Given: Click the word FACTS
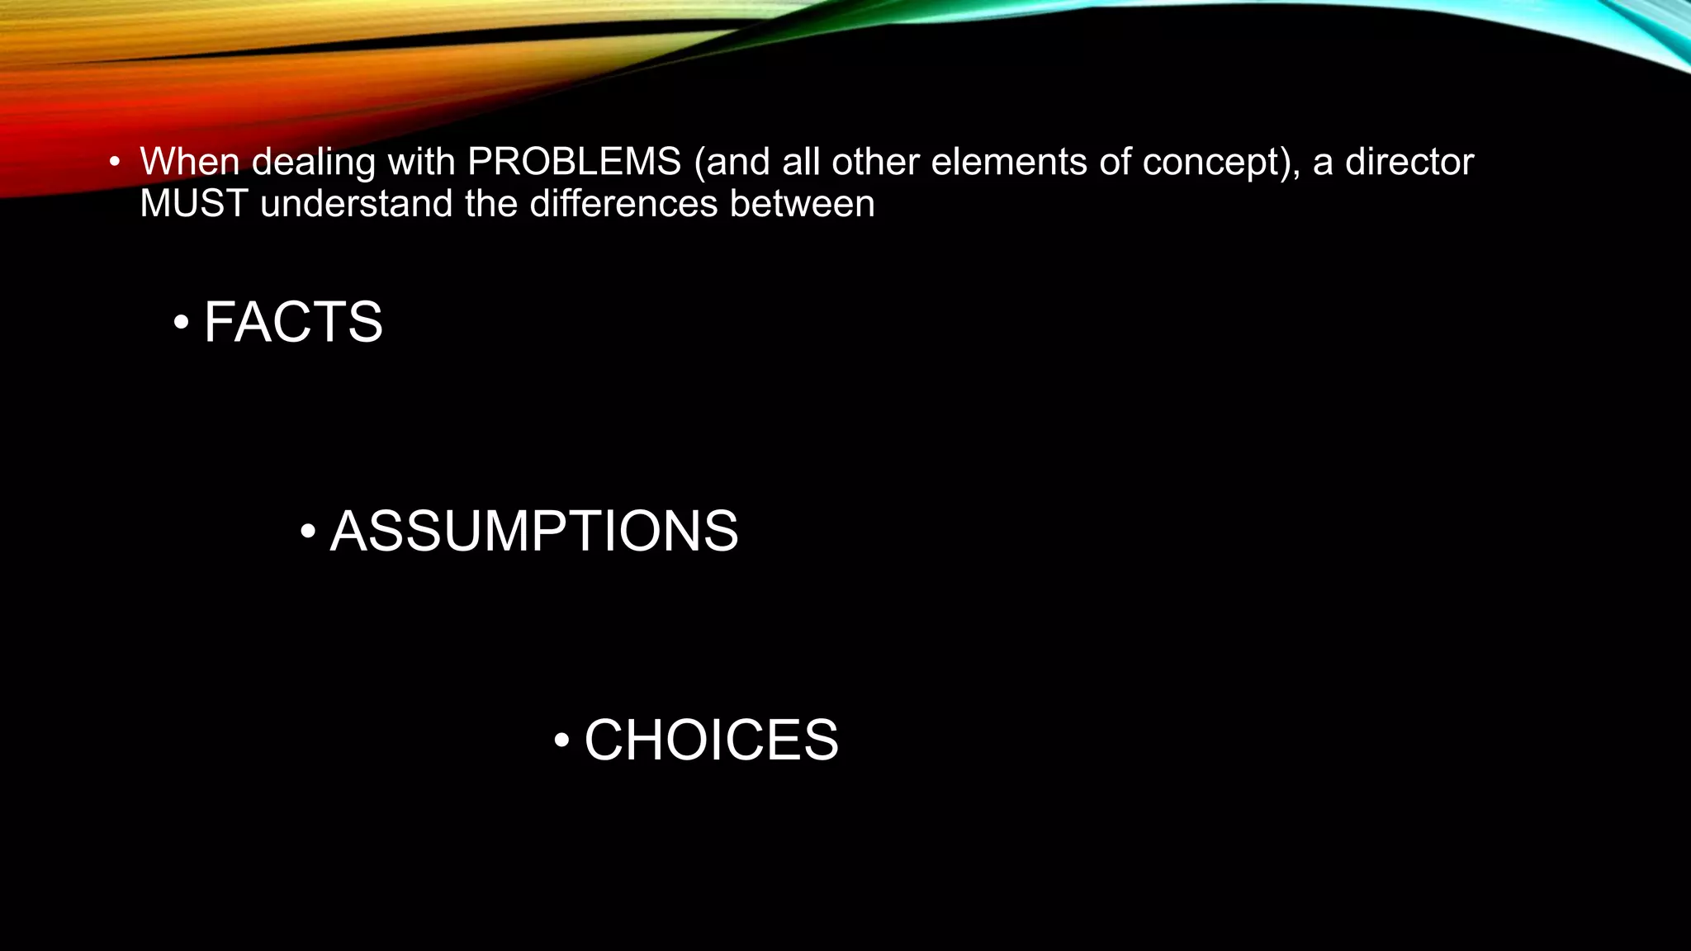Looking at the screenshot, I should coord(293,322).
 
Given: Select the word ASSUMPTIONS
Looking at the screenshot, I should coord(534,531).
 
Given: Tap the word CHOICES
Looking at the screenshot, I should coord(711,740).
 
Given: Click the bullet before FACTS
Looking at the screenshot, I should coord(181,323).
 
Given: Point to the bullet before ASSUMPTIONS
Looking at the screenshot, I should coord(307,532).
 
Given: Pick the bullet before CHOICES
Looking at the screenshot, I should coord(561,740).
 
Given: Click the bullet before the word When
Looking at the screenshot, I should coord(114,162).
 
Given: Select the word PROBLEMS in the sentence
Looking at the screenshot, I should coord(574,162).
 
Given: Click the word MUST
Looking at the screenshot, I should coord(194,204).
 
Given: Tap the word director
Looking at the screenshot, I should coord(1409,162).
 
